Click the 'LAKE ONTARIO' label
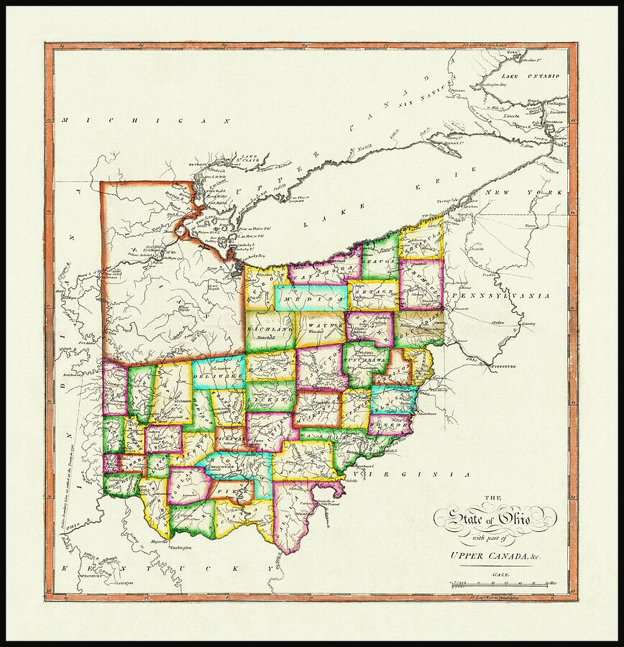(x=531, y=75)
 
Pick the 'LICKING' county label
(x=269, y=397)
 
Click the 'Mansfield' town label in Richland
(x=263, y=336)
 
